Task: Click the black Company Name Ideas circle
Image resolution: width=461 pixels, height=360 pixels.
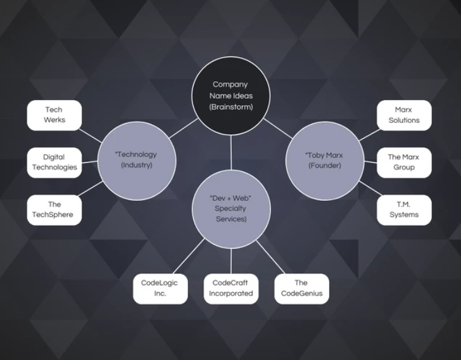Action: [x=230, y=95]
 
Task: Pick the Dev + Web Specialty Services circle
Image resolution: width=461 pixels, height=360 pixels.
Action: [x=230, y=209]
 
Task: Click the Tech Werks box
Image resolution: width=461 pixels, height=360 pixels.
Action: [x=54, y=115]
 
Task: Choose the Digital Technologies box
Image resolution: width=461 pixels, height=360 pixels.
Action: [x=54, y=162]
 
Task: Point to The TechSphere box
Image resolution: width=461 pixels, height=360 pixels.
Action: [x=54, y=209]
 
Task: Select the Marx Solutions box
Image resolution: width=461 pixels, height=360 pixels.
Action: [x=403, y=115]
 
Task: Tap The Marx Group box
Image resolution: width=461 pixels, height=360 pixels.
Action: [x=403, y=162]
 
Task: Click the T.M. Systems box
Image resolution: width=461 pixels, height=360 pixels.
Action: [x=403, y=209]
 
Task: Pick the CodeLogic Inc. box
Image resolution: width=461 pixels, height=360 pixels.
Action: [x=160, y=288]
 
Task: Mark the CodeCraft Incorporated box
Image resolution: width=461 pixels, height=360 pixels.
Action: [x=230, y=288]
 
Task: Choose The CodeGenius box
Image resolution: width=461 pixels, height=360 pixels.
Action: [x=301, y=288]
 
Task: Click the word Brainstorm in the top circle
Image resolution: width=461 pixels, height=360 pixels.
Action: [x=230, y=107]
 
